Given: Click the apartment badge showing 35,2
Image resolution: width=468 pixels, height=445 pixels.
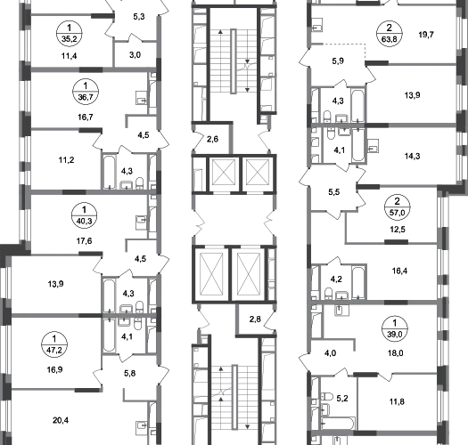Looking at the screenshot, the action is point(70,34).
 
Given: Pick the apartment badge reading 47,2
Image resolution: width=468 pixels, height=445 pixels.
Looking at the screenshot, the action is point(54,344).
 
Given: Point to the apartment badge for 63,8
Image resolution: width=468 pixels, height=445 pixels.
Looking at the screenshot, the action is point(390,34).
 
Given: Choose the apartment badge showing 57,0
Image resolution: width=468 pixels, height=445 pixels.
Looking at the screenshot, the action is point(398,206).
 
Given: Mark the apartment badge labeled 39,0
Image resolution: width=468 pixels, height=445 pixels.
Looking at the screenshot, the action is point(395,328).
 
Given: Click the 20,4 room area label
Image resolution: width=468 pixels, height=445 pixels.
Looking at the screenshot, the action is point(61,421).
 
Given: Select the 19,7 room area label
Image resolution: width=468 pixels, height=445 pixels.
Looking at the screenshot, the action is point(426,35).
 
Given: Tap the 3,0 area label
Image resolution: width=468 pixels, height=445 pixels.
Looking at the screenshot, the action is point(135,55).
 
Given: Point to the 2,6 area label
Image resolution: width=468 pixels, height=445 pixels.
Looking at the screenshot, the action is point(212,139).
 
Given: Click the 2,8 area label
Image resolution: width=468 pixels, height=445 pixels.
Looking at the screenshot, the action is point(255,320).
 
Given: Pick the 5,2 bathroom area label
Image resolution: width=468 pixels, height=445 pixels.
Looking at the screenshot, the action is point(342,399).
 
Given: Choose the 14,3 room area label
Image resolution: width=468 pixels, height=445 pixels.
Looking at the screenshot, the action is point(412,156).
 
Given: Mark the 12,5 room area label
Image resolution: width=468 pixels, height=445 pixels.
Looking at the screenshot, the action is point(398,230).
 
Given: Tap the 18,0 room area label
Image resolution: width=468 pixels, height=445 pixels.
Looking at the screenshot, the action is point(396,353).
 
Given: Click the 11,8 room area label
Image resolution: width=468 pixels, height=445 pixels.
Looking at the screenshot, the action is point(397,401).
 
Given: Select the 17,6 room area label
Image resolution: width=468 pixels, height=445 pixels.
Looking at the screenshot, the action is point(84,241).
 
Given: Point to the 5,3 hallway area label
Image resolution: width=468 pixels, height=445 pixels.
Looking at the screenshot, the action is point(139,17).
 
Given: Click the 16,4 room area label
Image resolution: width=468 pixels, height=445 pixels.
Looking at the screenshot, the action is point(399,271).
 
